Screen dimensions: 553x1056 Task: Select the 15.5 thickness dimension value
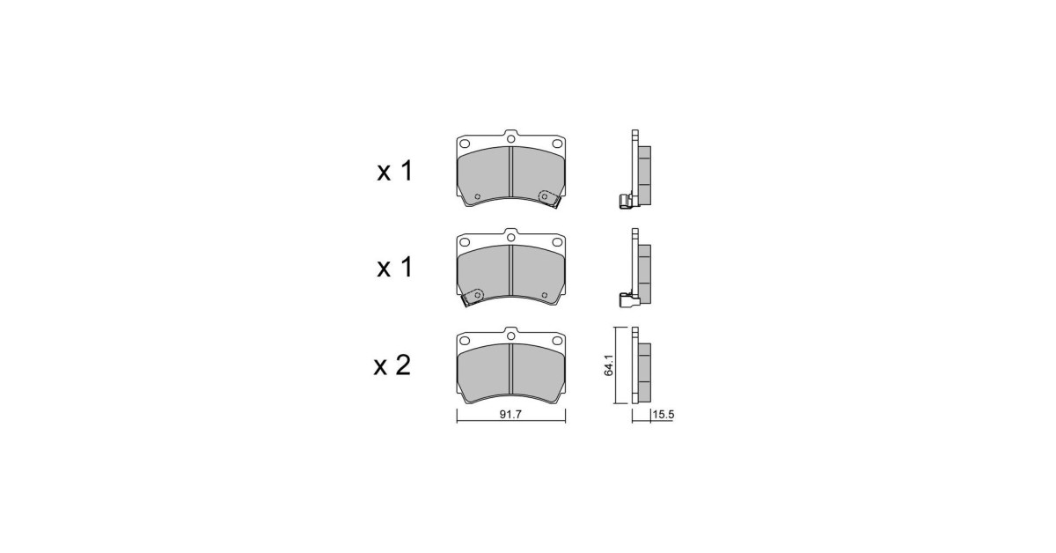click(x=663, y=415)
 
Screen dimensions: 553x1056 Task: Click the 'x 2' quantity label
click(x=392, y=365)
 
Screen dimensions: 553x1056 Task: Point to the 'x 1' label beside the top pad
click(x=393, y=171)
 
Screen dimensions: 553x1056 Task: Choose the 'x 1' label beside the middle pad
click(x=393, y=268)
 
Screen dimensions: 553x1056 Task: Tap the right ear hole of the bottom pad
click(x=556, y=341)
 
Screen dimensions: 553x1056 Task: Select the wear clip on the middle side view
click(x=628, y=299)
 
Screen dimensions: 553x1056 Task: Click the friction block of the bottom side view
click(x=643, y=368)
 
